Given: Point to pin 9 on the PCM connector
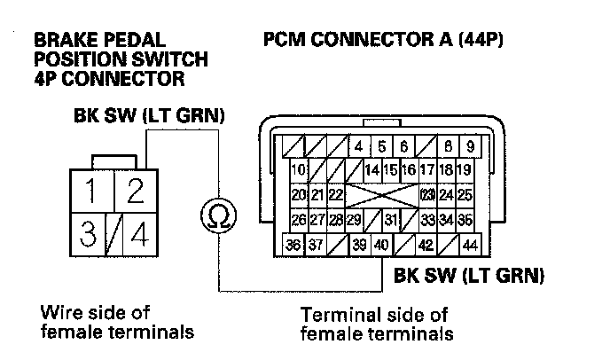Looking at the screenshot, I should tap(470, 146).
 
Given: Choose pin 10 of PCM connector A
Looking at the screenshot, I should tap(299, 169).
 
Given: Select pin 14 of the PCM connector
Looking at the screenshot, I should tap(371, 169).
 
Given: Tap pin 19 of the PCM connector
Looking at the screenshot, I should tap(465, 169).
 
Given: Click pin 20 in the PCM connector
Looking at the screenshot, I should tap(299, 194).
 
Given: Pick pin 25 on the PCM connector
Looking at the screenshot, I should tap(465, 194).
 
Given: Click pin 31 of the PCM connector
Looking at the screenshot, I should tap(390, 219).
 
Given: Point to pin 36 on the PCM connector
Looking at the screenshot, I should tap(293, 245).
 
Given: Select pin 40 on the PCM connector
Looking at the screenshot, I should tap(381, 245).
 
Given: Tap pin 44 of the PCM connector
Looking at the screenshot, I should tap(470, 245).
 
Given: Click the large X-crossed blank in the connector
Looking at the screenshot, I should tap(381, 194).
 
